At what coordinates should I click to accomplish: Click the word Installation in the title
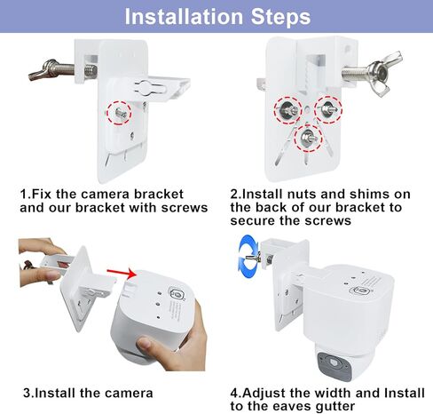tap(184, 17)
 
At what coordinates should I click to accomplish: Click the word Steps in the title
tap(280, 17)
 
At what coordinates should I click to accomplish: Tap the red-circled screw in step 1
tap(121, 113)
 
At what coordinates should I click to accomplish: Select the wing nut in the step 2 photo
tap(383, 73)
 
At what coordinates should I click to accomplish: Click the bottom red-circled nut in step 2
tap(308, 138)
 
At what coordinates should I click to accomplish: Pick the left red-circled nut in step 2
tap(287, 110)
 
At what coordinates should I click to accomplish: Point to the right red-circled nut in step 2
tap(328, 109)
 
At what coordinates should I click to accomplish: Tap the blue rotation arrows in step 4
tap(248, 257)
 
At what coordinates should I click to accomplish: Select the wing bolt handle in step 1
tap(43, 70)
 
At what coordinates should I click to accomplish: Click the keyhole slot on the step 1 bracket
tap(148, 88)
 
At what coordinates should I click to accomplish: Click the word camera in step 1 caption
tap(105, 195)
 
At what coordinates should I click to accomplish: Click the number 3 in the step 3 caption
tap(27, 394)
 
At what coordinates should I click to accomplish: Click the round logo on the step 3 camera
tap(177, 293)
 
